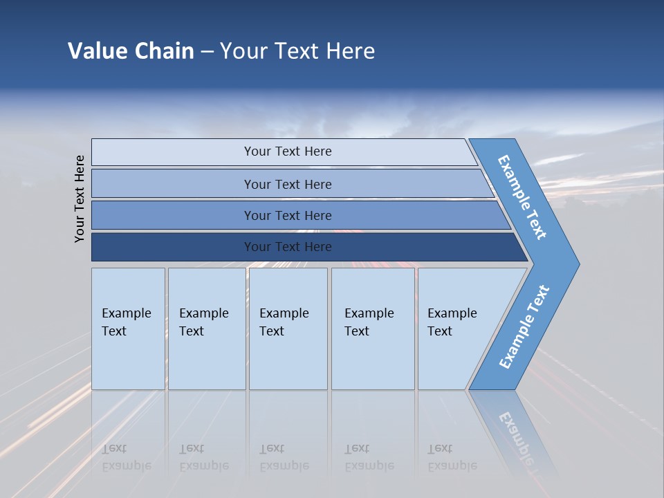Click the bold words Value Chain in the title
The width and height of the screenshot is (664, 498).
click(131, 51)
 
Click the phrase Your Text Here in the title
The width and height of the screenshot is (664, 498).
click(297, 51)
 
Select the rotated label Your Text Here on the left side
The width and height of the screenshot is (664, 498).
click(80, 199)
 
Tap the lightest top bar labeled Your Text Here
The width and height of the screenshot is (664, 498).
click(287, 151)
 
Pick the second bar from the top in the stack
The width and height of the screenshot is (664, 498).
click(287, 184)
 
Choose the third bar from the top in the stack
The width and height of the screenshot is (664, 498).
click(287, 215)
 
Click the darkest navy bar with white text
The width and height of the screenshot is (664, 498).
click(287, 247)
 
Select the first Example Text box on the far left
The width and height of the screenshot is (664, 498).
click(128, 329)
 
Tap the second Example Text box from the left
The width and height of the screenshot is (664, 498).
click(206, 329)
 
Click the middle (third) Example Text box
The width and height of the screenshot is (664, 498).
click(288, 329)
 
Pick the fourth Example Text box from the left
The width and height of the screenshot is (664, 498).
click(373, 329)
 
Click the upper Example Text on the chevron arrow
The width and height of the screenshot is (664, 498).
click(522, 197)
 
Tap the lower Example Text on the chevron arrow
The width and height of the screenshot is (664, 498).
click(524, 327)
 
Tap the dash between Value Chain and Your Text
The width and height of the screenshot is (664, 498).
click(207, 52)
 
